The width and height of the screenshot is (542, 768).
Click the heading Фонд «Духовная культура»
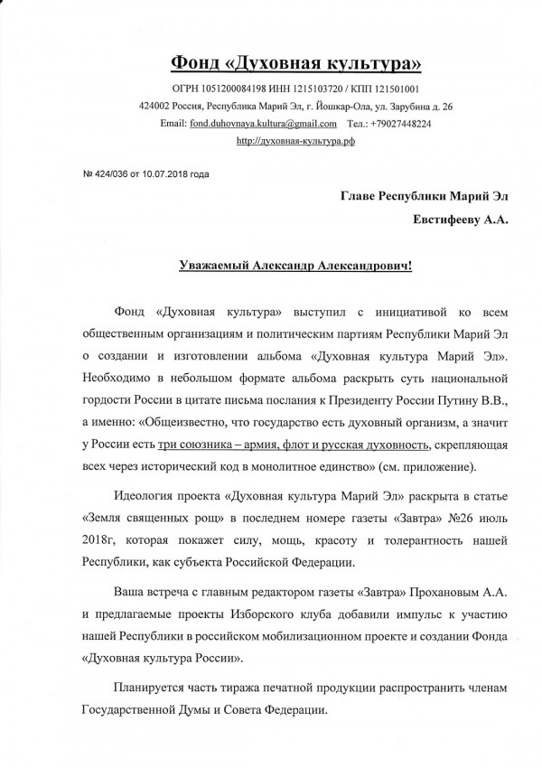[297, 62]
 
